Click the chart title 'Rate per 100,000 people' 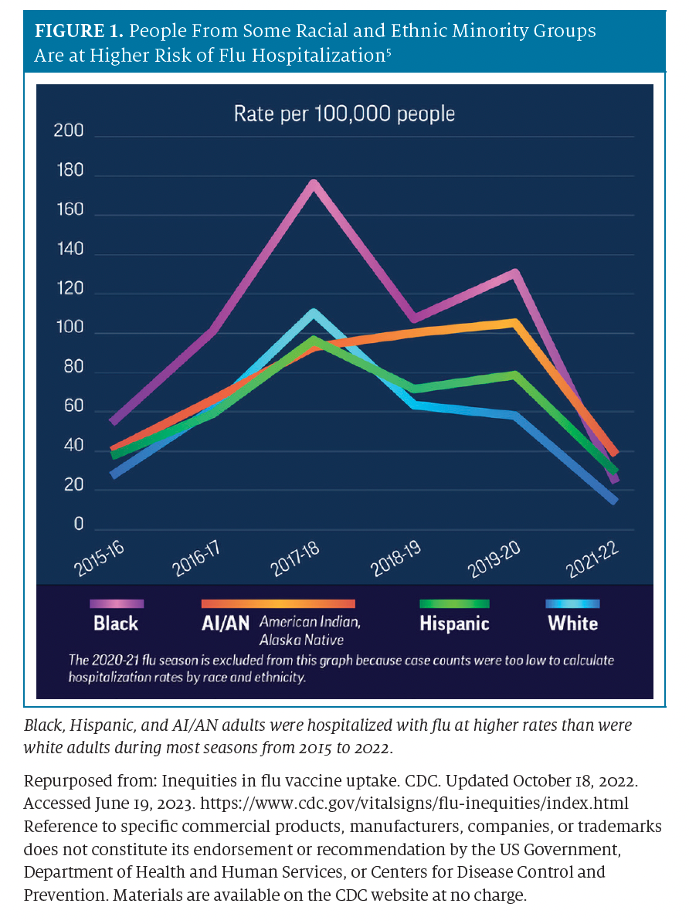(x=344, y=114)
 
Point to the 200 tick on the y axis (x=68, y=131)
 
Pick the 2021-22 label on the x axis (x=592, y=559)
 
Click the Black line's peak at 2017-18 (x=314, y=185)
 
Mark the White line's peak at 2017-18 (x=314, y=314)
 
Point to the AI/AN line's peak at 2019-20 (x=514, y=322)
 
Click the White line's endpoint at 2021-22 (x=614, y=501)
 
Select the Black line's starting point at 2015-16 (x=114, y=422)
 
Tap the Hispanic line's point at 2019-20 (x=514, y=375)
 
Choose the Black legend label (x=116, y=623)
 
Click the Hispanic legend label (x=454, y=623)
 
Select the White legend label (x=572, y=623)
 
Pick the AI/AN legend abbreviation (x=226, y=623)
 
